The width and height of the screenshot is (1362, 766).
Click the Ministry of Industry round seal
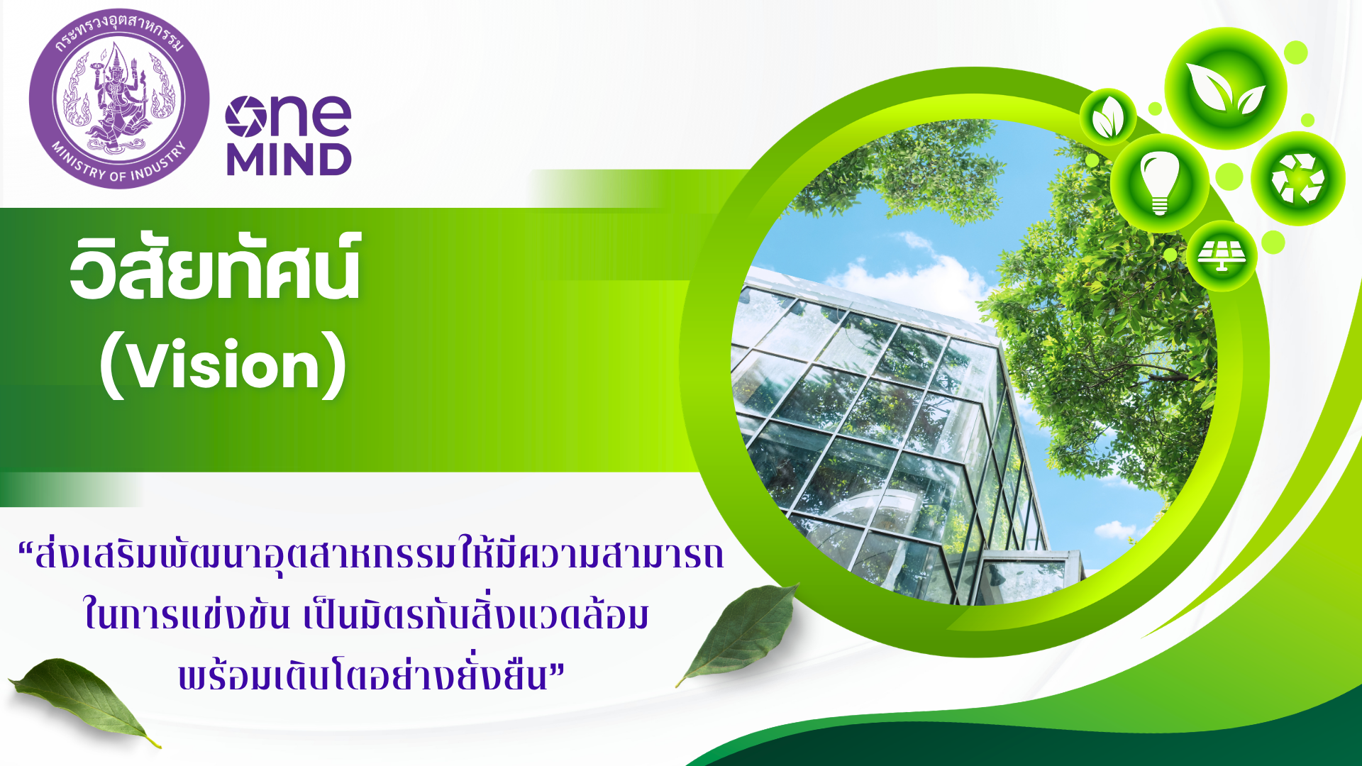point(119,99)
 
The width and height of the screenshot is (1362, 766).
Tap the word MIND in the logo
point(289,160)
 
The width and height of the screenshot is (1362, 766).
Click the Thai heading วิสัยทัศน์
point(216,267)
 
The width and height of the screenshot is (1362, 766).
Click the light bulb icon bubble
point(1160,183)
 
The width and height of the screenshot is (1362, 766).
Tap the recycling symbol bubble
point(1297,179)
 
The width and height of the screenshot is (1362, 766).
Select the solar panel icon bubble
point(1222,255)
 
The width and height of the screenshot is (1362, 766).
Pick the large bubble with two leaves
point(1226,89)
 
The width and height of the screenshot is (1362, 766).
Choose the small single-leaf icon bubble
point(1108,117)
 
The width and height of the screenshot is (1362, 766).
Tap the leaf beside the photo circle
point(738,633)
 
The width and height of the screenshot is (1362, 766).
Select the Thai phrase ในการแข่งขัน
point(187,614)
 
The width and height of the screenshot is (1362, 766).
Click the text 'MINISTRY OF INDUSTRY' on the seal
point(119,164)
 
